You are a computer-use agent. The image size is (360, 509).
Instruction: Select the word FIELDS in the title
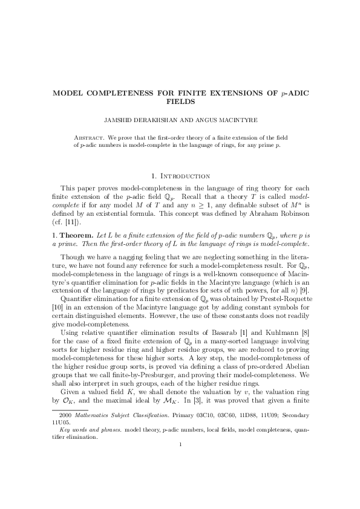coord(180,103)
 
